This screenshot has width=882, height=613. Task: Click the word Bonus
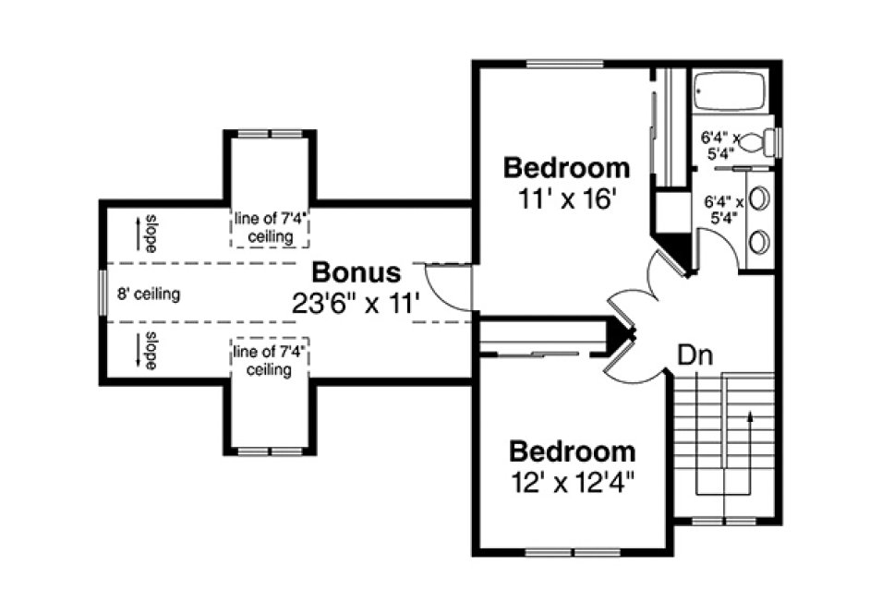click(x=356, y=273)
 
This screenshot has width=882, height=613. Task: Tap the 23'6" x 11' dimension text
click(x=356, y=303)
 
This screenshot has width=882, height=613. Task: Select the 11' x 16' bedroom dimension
click(x=566, y=199)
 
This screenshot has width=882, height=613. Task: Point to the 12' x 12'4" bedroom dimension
click(x=573, y=482)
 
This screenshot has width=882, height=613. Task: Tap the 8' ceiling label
click(x=148, y=295)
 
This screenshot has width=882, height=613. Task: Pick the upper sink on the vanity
click(x=759, y=198)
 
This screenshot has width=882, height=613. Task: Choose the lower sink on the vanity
click(x=759, y=242)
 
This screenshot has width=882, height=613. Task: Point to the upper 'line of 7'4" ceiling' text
click(x=270, y=229)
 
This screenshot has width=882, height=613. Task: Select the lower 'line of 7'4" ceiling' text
click(x=270, y=361)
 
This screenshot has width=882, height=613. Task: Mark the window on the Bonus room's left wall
click(x=103, y=295)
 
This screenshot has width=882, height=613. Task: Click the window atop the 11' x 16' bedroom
click(x=566, y=64)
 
